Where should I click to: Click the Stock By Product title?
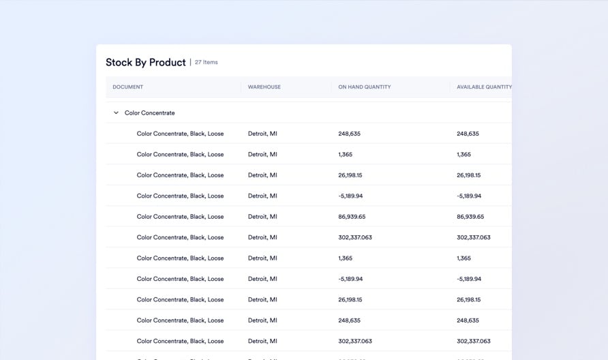point(145,63)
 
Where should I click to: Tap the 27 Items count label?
point(206,63)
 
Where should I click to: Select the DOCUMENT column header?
point(128,87)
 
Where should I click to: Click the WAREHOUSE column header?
point(264,87)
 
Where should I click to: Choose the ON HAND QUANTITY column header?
point(365,87)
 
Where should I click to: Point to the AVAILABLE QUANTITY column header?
point(484,87)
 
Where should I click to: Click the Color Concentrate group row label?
point(150,113)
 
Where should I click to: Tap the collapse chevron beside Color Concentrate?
point(116,113)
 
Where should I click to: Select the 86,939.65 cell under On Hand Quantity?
point(352,217)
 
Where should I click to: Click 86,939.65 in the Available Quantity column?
point(470,217)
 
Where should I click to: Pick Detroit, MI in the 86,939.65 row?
point(262,217)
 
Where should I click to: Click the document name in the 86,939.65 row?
point(180,217)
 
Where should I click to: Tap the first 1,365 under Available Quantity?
point(463,155)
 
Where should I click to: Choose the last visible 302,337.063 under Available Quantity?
point(473,341)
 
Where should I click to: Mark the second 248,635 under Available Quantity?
point(468,320)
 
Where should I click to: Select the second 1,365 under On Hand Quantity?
point(345,258)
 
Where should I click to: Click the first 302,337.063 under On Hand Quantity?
point(355,238)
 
